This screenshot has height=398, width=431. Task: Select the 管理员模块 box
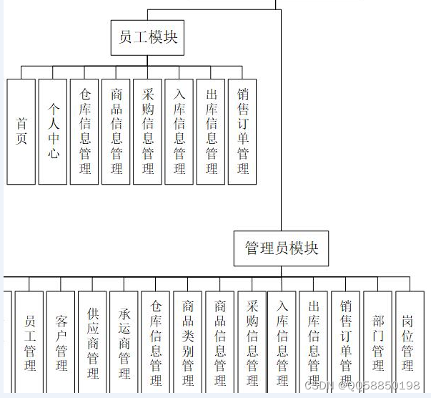(x=282, y=249)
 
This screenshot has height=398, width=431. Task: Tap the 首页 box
(x=21, y=132)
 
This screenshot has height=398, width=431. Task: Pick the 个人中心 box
(x=53, y=132)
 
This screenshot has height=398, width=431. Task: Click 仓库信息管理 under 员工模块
(x=84, y=132)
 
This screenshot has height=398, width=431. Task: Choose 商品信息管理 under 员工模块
(x=116, y=132)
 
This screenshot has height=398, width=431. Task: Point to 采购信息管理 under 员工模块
(x=147, y=132)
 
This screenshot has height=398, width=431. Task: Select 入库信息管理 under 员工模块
(x=179, y=132)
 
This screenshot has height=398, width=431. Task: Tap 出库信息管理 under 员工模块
(x=211, y=132)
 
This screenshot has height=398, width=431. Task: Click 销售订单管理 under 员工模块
(x=242, y=132)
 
